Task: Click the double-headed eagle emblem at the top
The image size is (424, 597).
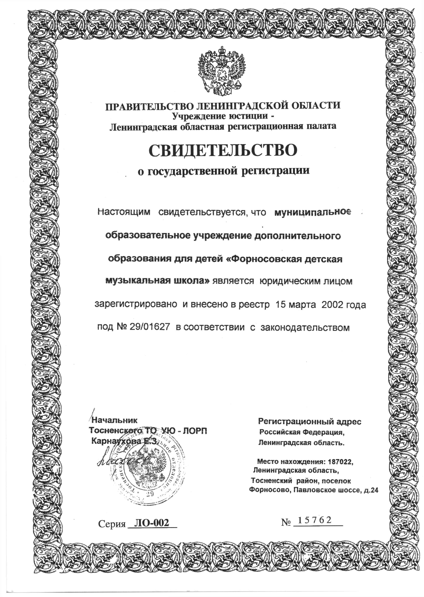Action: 221,71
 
